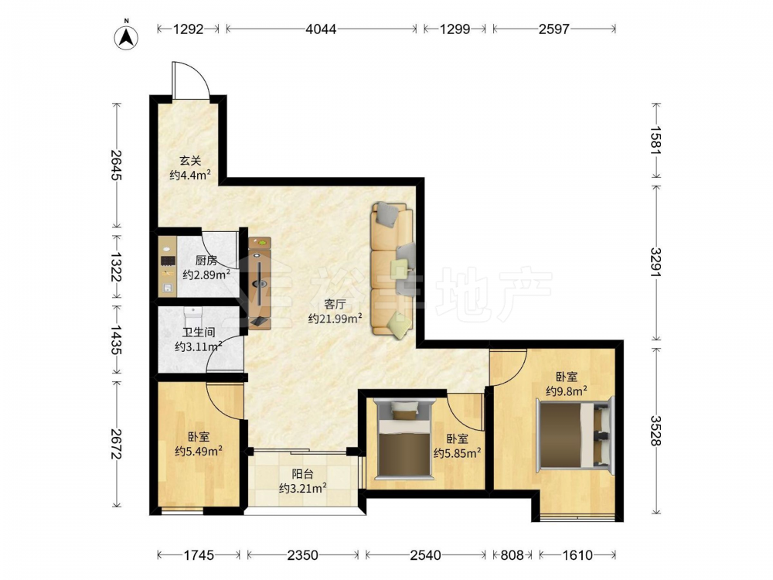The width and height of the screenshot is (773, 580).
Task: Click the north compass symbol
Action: [126, 36]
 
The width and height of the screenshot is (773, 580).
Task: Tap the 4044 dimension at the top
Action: [321, 29]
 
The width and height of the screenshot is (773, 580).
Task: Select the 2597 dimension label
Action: [554, 29]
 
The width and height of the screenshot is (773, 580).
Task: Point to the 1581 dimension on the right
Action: [656, 141]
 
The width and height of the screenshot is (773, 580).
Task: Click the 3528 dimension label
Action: [656, 431]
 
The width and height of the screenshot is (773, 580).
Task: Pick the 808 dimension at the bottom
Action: [512, 555]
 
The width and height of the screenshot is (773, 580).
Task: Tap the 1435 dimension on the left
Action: [117, 339]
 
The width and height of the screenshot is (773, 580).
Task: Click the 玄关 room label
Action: [190, 161]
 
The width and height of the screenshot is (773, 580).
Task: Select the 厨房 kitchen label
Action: [206, 261]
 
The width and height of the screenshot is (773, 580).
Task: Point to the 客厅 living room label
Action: [335, 304]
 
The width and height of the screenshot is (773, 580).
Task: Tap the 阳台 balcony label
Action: [303, 475]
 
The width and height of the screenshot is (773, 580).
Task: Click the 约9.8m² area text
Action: [567, 391]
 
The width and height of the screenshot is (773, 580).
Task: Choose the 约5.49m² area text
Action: [198, 451]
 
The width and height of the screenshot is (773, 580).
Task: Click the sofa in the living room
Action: [393, 270]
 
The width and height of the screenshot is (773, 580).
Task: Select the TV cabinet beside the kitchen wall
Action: [260, 283]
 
